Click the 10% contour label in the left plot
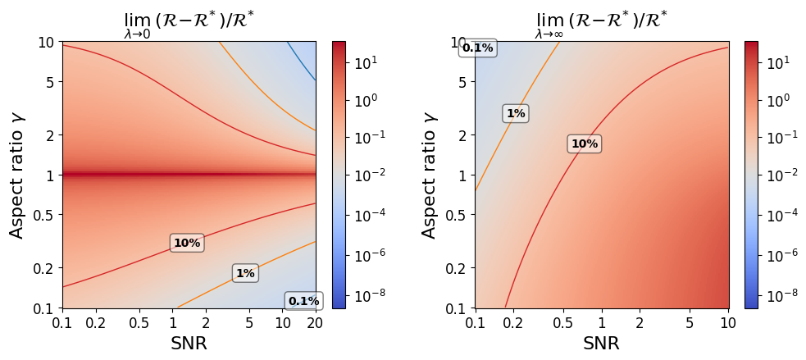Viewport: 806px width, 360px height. pyautogui.click(x=187, y=243)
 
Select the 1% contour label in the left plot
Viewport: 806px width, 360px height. pyautogui.click(x=245, y=274)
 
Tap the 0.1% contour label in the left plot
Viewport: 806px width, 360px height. pyautogui.click(x=303, y=301)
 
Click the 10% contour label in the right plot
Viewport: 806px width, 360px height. pyautogui.click(x=585, y=144)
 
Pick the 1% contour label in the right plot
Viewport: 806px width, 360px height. pyautogui.click(x=515, y=114)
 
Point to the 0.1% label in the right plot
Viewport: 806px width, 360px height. pyautogui.click(x=477, y=48)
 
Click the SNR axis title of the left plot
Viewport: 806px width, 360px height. pyautogui.click(x=189, y=344)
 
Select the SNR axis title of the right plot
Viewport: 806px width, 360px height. pyautogui.click(x=601, y=344)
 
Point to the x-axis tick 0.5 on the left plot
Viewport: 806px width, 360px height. pyautogui.click(x=139, y=323)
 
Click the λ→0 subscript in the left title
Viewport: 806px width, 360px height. pyautogui.click(x=137, y=34)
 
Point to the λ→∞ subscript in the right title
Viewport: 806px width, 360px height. pyautogui.click(x=551, y=34)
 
